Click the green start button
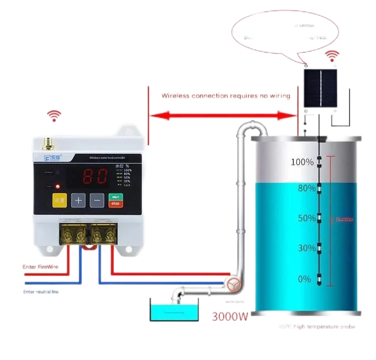(x=115, y=196)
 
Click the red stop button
(x=115, y=204)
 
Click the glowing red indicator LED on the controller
(x=58, y=186)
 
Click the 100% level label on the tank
(x=302, y=162)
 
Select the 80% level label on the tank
(x=302, y=188)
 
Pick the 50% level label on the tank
(x=302, y=218)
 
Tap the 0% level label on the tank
(x=304, y=279)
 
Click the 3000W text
(x=230, y=316)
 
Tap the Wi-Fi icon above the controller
(x=53, y=116)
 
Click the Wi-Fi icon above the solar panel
(x=331, y=56)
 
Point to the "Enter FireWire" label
(x=41, y=267)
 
